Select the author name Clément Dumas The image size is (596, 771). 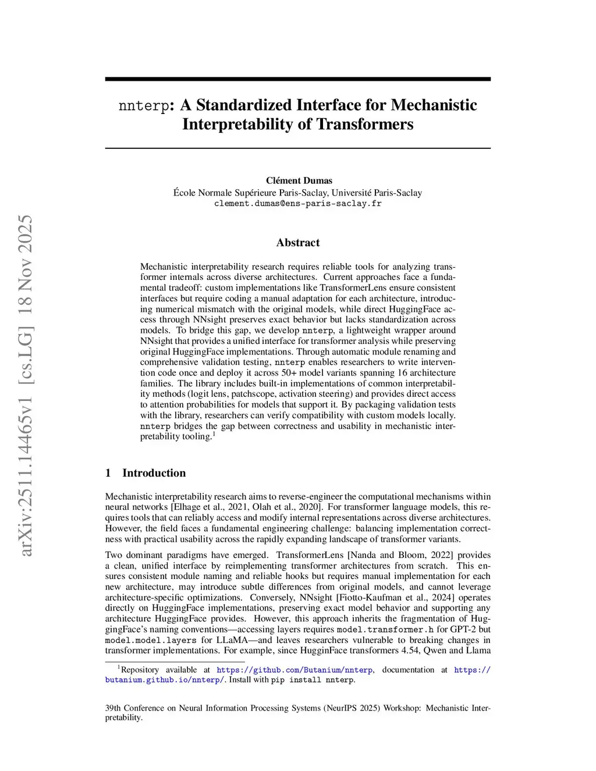299,180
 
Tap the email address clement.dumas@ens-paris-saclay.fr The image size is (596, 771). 298,204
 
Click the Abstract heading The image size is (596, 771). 298,243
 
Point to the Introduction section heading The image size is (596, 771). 154,473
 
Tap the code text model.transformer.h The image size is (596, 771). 385,630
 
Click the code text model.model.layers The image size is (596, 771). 151,640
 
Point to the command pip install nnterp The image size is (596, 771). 313,680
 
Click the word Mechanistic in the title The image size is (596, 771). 434,105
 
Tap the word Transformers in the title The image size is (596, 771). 365,125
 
